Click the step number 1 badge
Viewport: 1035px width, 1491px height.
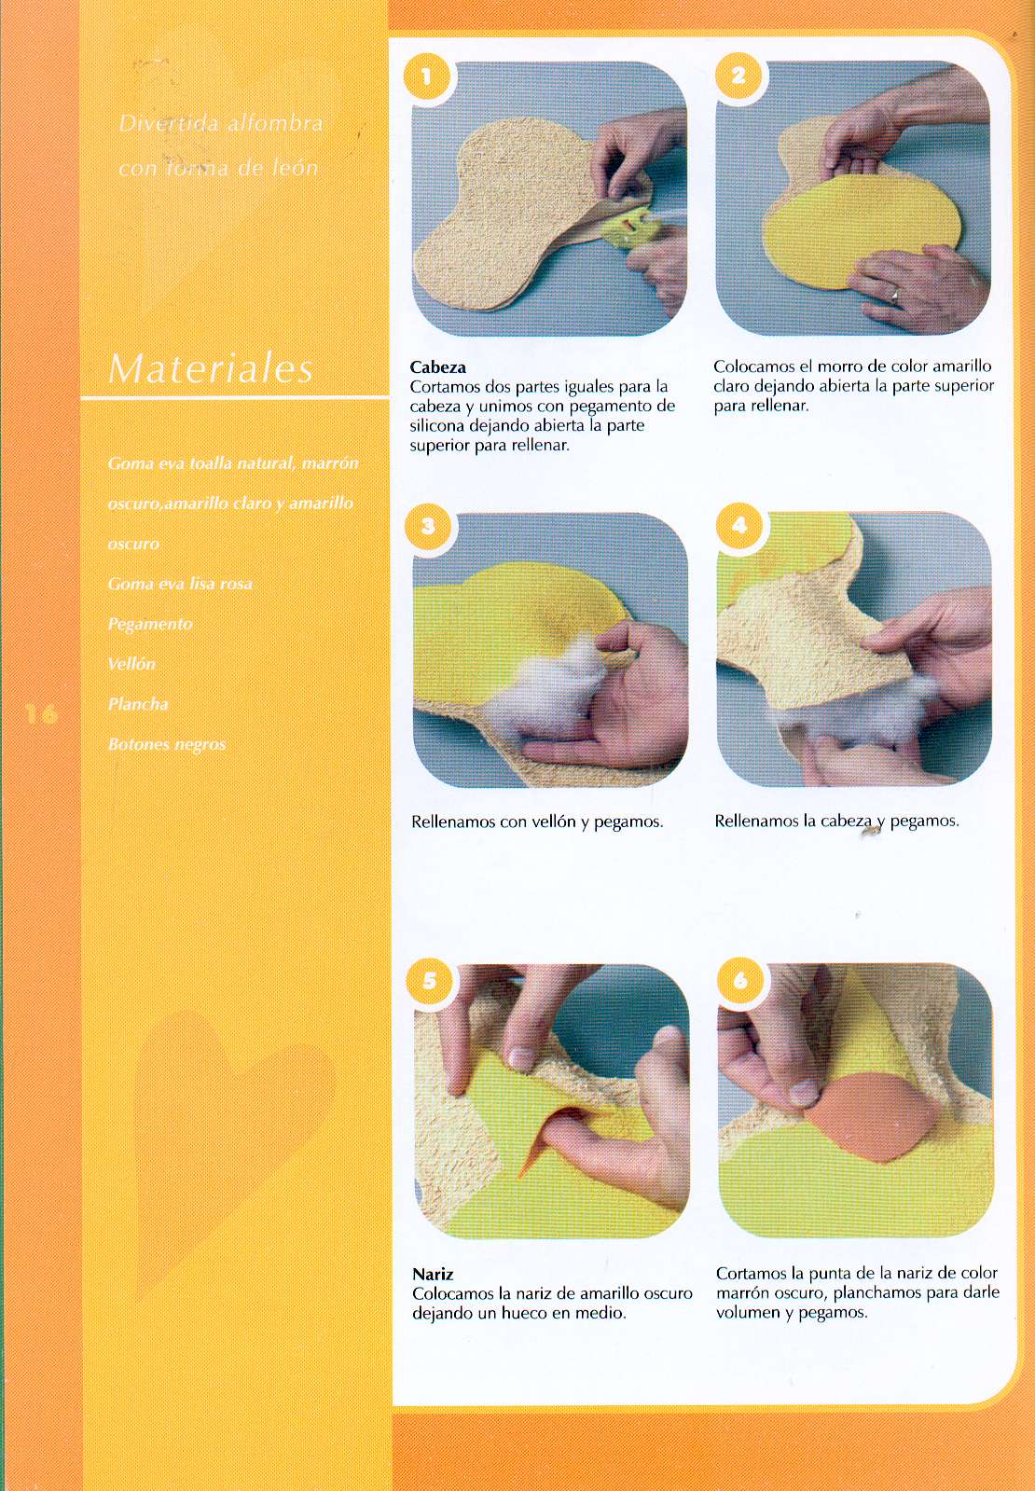[x=426, y=76]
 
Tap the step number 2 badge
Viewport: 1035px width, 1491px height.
[x=738, y=76]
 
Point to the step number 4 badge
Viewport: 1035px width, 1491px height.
[x=739, y=526]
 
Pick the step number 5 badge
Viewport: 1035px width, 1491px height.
[x=429, y=980]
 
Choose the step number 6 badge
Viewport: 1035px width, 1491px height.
[x=740, y=980]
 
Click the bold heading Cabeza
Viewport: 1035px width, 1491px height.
[x=438, y=366]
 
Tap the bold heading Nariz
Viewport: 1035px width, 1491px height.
[x=433, y=1274]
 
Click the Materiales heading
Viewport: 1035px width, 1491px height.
[x=211, y=368]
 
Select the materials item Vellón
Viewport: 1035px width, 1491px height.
[x=131, y=664]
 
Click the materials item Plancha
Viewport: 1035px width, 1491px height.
[x=138, y=704]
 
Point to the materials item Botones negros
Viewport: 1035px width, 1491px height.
[x=166, y=744]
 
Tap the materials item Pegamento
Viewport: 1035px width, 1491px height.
[x=150, y=625]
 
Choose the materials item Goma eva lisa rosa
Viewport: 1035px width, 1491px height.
[x=180, y=584]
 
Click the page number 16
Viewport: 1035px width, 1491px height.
[x=41, y=715]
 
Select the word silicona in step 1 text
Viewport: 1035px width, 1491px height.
[x=437, y=425]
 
